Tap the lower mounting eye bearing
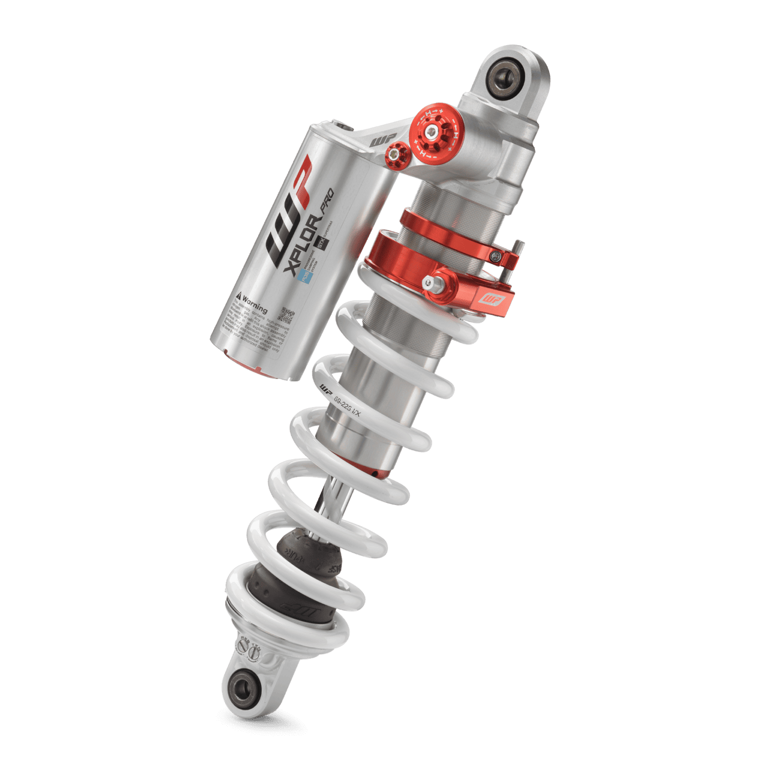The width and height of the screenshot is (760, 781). coord(243,687)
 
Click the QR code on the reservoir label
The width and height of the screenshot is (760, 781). coord(287,315)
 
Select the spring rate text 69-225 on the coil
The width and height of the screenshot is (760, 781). coord(348,405)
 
